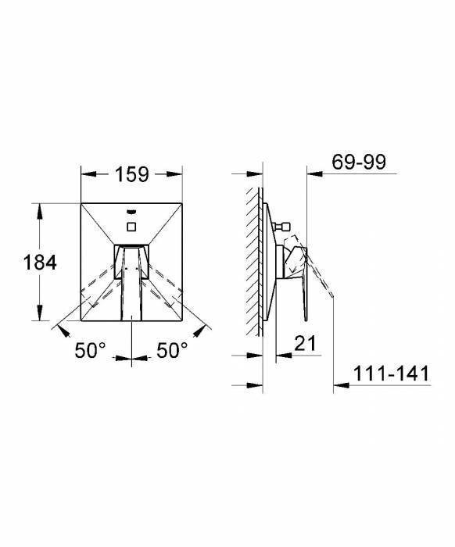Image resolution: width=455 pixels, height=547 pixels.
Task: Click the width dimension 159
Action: (133, 174)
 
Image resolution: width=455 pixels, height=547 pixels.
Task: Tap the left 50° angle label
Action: (91, 352)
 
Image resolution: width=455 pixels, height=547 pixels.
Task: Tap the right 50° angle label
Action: (172, 352)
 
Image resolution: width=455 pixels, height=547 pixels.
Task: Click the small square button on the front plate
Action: (132, 227)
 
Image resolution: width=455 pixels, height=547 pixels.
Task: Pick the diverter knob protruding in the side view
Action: (285, 227)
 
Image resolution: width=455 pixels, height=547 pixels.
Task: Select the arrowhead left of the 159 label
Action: (86, 174)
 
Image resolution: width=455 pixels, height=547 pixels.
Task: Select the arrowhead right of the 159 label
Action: (179, 174)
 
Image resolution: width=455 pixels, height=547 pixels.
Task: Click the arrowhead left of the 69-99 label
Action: (310, 173)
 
